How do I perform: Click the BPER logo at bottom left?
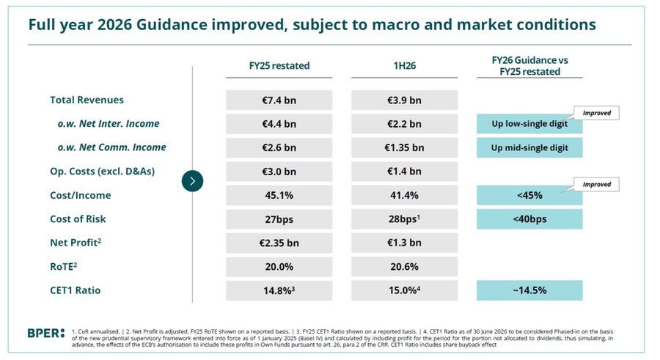tap(46, 333)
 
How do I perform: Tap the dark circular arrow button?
tap(192, 181)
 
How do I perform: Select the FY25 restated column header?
tap(279, 66)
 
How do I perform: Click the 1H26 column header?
tap(405, 66)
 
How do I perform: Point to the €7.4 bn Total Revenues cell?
tap(279, 100)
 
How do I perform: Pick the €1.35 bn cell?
tap(405, 147)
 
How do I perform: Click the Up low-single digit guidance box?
tap(529, 124)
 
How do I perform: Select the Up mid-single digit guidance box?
tap(529, 147)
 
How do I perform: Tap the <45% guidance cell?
tap(529, 195)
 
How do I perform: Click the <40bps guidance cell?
tap(529, 219)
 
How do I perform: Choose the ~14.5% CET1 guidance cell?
tap(529, 290)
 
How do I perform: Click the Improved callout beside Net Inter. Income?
tap(596, 113)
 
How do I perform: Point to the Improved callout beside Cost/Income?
tap(596, 185)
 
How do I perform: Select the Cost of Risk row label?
tap(78, 219)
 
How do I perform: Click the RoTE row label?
tap(64, 267)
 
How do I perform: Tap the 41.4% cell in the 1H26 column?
tap(405, 195)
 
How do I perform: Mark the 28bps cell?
tap(405, 219)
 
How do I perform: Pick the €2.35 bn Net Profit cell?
tap(279, 243)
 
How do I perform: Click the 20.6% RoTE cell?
tap(405, 267)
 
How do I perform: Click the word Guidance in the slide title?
tap(172, 24)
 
